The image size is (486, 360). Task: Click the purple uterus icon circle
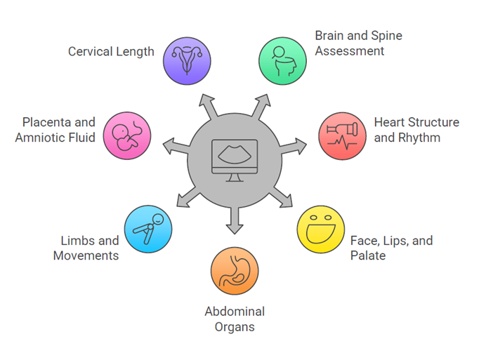click(x=188, y=61)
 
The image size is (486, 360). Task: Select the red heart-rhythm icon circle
click(x=342, y=136)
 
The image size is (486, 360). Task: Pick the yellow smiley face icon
click(x=321, y=229)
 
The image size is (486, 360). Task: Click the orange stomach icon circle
click(x=235, y=271)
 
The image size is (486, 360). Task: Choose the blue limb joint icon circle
click(x=148, y=229)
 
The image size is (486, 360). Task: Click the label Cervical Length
click(x=111, y=52)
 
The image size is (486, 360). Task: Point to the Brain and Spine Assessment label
click(x=358, y=43)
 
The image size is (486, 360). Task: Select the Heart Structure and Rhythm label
click(x=416, y=130)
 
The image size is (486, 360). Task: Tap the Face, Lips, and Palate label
click(x=391, y=248)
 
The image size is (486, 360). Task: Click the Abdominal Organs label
click(x=235, y=319)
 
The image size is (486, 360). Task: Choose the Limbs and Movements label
click(x=86, y=248)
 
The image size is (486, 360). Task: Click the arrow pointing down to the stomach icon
click(x=235, y=220)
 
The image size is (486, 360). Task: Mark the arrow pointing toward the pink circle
click(x=173, y=147)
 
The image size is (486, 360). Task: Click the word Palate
click(x=368, y=255)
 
